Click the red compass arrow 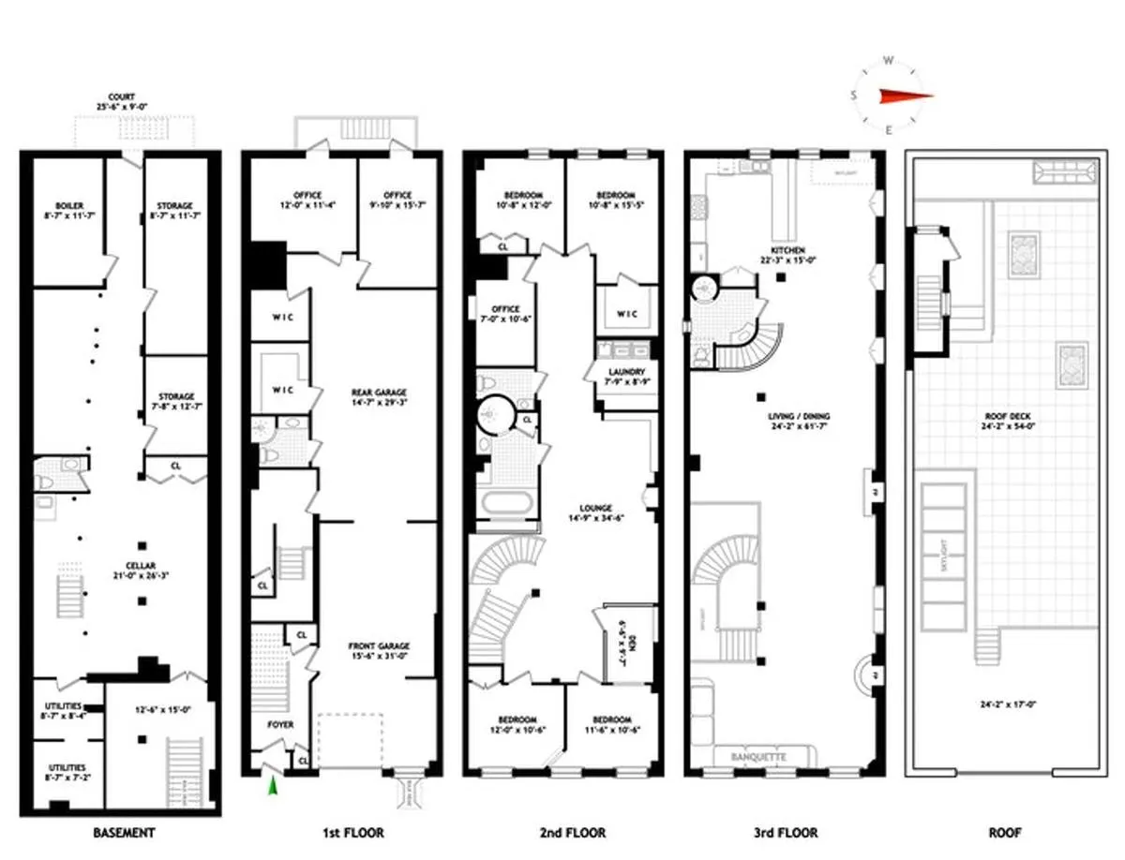(x=904, y=95)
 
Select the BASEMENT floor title (x=124, y=832)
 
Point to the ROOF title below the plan (x=1002, y=832)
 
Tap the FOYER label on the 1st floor (x=280, y=724)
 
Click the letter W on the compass (x=887, y=62)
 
